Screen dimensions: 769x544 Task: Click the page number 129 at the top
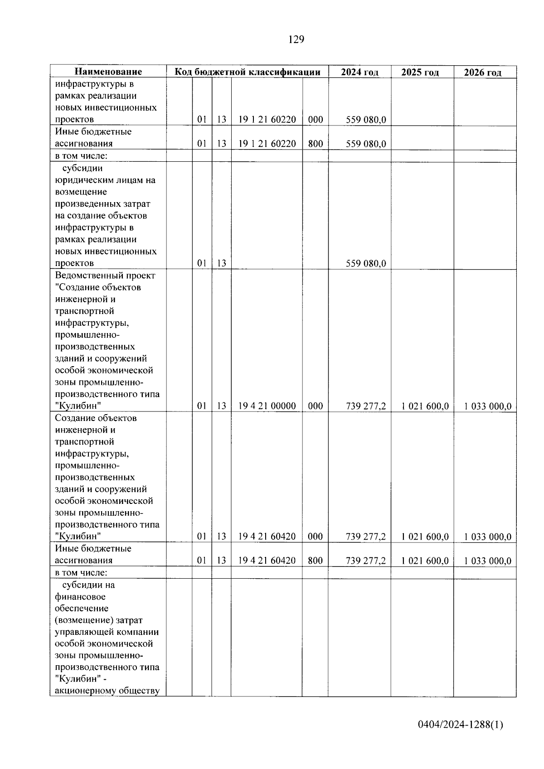(296, 40)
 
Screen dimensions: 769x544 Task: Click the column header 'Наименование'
(108, 72)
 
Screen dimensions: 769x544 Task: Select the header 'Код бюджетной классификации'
(248, 72)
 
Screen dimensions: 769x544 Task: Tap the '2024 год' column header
(359, 72)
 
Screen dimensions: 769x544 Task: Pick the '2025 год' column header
(420, 72)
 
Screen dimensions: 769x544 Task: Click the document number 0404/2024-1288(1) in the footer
(461, 725)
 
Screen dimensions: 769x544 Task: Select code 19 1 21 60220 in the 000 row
(267, 120)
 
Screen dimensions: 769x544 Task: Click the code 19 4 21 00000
(267, 406)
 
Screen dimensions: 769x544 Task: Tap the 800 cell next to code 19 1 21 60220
(315, 144)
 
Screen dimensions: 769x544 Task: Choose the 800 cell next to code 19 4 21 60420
(315, 561)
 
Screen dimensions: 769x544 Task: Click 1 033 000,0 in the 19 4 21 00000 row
(488, 406)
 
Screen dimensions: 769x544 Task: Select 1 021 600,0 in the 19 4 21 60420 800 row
(425, 561)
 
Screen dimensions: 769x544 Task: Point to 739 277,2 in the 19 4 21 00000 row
(366, 406)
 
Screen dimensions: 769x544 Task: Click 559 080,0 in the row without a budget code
(366, 263)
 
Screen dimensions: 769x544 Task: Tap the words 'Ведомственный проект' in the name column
(105, 276)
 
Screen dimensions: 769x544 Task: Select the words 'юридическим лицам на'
(105, 180)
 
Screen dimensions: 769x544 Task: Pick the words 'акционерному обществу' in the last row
(107, 691)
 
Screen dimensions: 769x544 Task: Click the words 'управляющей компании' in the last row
(107, 632)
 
